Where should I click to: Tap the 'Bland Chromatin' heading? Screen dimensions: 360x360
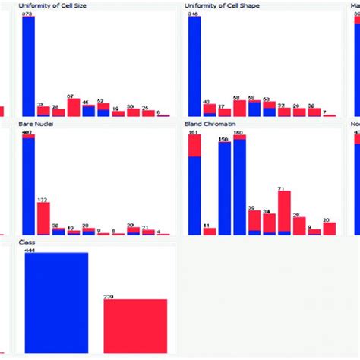click(x=207, y=123)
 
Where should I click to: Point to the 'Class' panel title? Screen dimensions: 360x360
click(x=27, y=242)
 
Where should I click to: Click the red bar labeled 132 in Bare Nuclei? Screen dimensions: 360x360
click(x=43, y=218)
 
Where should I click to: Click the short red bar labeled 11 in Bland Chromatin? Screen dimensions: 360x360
click(x=209, y=232)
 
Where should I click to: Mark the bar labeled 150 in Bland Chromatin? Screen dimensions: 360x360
click(x=224, y=188)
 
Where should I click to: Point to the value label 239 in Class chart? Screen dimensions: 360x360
click(x=109, y=296)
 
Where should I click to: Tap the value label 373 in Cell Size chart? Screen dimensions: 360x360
click(x=28, y=14)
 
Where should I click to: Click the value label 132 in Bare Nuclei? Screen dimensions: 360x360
click(x=43, y=199)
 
